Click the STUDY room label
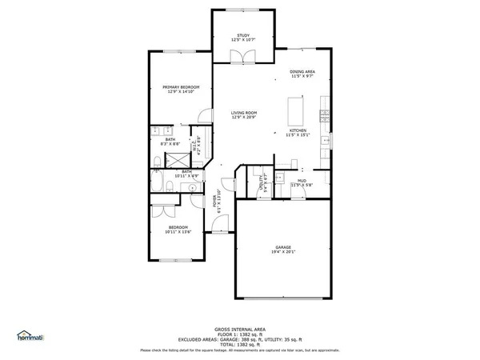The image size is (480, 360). point(242,34)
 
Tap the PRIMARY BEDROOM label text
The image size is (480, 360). point(181,86)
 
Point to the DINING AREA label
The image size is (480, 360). point(302,71)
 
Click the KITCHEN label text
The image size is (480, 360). point(298,130)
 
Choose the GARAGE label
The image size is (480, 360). point(283,247)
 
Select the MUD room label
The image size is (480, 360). point(302,181)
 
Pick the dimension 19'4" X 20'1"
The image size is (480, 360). point(283,252)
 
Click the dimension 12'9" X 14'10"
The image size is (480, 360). point(181,91)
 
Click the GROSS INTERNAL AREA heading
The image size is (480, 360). point(240,329)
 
